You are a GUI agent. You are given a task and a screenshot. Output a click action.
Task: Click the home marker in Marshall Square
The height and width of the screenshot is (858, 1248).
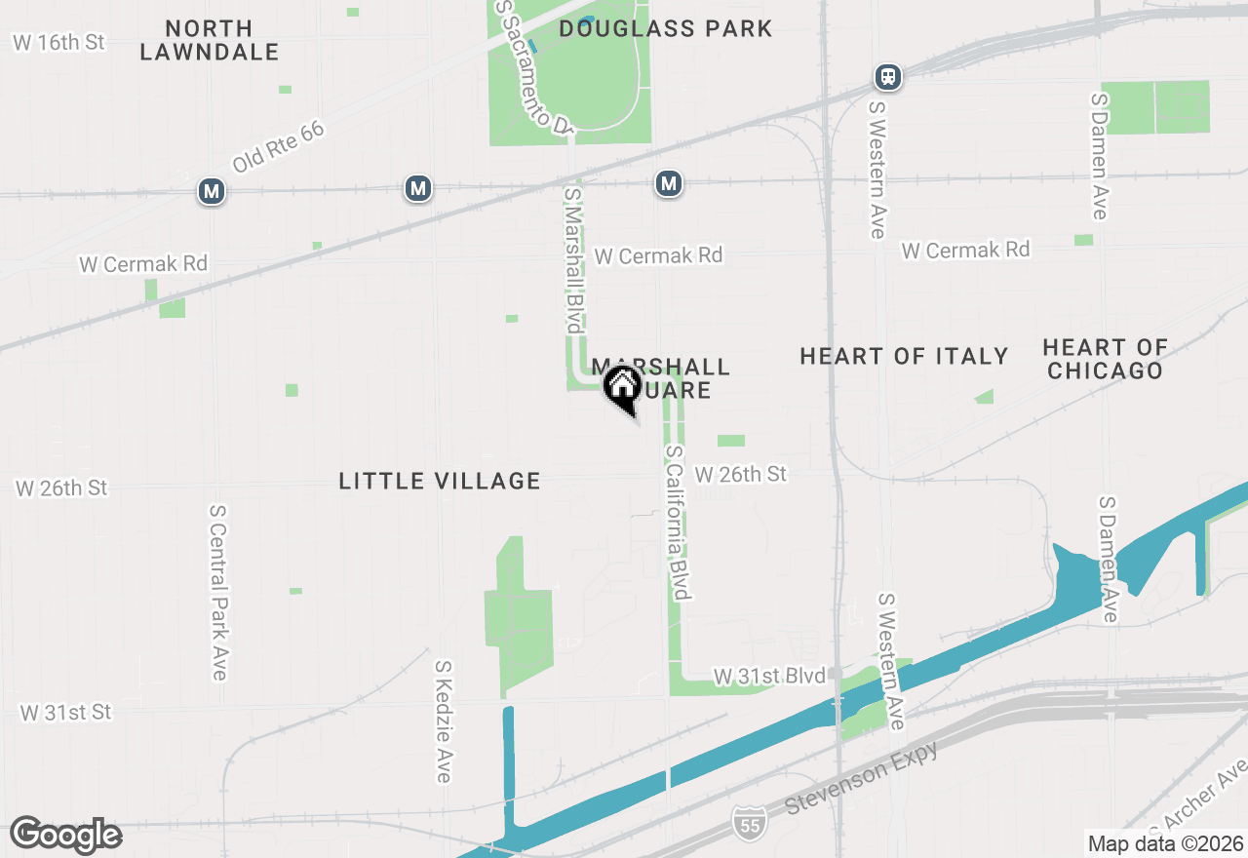pyautogui.click(x=623, y=386)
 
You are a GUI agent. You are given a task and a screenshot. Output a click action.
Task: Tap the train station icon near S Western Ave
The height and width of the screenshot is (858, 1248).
pyautogui.click(x=888, y=76)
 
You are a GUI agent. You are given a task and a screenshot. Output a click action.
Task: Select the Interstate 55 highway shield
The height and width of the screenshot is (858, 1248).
pyautogui.click(x=750, y=821)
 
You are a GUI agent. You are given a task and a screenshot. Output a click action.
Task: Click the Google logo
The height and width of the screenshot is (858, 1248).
pyautogui.click(x=65, y=835)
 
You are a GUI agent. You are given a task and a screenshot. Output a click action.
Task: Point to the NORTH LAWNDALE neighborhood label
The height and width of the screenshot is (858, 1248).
pyautogui.click(x=210, y=40)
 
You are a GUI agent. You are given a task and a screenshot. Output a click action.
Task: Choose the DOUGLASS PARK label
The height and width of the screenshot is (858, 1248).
pyautogui.click(x=666, y=28)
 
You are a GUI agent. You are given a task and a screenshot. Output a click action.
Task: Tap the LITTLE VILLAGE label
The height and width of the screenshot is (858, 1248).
pyautogui.click(x=440, y=481)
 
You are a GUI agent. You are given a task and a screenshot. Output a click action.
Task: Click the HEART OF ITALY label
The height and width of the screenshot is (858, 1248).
pyautogui.click(x=904, y=356)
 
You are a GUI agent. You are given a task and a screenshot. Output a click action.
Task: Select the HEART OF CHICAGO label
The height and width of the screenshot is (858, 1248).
pyautogui.click(x=1105, y=359)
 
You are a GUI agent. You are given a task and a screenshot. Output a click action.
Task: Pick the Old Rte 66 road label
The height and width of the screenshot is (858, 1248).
pyautogui.click(x=278, y=148)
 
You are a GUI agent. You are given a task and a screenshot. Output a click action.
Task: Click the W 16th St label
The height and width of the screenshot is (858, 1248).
pyautogui.click(x=58, y=43)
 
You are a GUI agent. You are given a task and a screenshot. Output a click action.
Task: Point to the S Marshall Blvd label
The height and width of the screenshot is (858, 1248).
pyautogui.click(x=573, y=259)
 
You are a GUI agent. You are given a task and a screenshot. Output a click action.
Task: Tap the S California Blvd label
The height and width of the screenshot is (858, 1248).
pyautogui.click(x=679, y=523)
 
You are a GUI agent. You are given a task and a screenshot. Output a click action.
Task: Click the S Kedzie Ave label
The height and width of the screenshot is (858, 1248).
pyautogui.click(x=444, y=721)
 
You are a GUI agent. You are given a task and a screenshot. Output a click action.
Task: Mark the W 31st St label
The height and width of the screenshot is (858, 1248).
pyautogui.click(x=65, y=713)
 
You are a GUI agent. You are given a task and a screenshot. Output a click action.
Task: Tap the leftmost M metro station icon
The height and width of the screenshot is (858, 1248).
pyautogui.click(x=211, y=191)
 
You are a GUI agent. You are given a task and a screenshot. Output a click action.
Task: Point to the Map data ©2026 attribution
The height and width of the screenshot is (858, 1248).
pyautogui.click(x=1165, y=843)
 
